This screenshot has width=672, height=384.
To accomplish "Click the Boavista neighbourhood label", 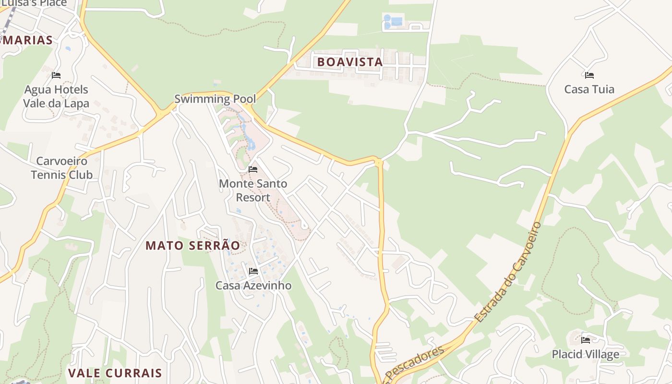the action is pyautogui.click(x=349, y=62).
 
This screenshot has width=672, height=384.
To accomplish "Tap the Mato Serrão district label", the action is pyautogui.click(x=192, y=245).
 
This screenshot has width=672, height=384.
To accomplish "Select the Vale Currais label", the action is pyautogui.click(x=115, y=373).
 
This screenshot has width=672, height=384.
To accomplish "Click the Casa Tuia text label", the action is pyautogui.click(x=589, y=89).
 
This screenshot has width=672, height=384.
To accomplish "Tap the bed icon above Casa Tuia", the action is pyautogui.click(x=589, y=75).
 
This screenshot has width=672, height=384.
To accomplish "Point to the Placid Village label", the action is pyautogui.click(x=585, y=354).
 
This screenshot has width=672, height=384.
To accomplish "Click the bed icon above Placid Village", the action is pyautogui.click(x=586, y=340).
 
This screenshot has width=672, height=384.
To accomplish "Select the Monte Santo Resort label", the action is pyautogui.click(x=253, y=190).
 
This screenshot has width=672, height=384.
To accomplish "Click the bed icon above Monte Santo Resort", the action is pyautogui.click(x=253, y=169).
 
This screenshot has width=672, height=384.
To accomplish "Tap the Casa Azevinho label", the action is pyautogui.click(x=253, y=285).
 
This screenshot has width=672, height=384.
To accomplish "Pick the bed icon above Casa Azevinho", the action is pyautogui.click(x=253, y=271).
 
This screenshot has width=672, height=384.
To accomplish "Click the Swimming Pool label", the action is pyautogui.click(x=215, y=99).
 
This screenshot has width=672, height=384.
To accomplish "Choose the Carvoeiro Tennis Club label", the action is pyautogui.click(x=61, y=168).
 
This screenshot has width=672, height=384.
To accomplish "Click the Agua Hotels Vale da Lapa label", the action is pyautogui.click(x=56, y=96).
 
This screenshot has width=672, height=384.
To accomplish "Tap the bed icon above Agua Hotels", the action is pyautogui.click(x=56, y=75).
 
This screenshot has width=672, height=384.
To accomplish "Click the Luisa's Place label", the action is pyautogui.click(x=34, y=3).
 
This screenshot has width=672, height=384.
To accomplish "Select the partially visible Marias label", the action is pyautogui.click(x=27, y=40).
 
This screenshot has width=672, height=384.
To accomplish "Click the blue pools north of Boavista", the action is pyautogui.click(x=393, y=22).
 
